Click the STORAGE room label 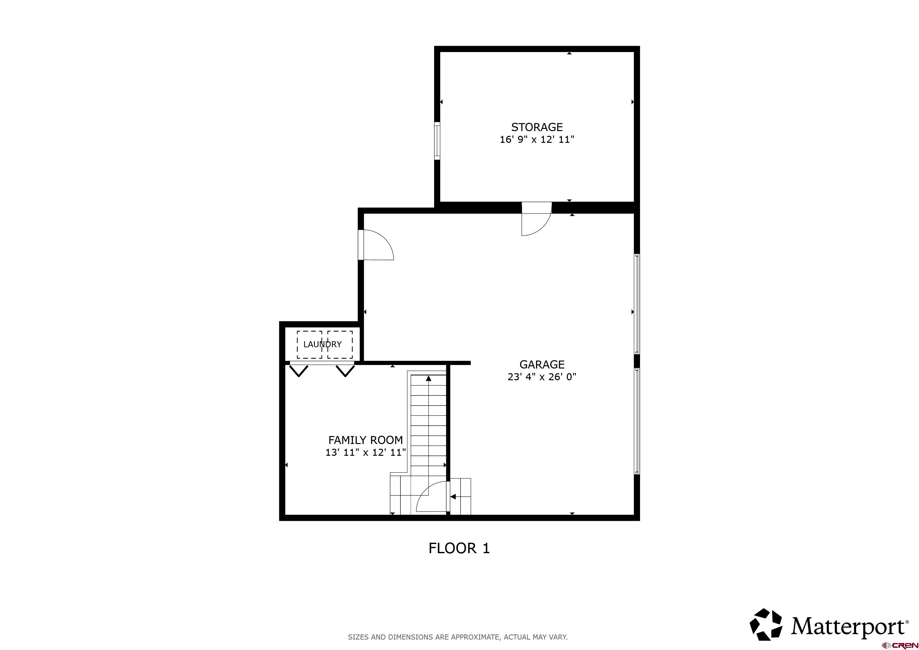click(537, 127)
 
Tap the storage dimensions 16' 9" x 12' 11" click(537, 140)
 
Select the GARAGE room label click(542, 364)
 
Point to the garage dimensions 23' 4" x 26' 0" click(542, 377)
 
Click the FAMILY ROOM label click(366, 440)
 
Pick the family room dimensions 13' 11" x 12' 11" click(366, 453)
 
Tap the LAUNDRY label click(322, 344)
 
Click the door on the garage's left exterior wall click(376, 245)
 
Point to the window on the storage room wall click(437, 141)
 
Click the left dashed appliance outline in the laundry click(309, 345)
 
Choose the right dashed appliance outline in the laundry click(340, 345)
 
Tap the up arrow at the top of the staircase click(429, 378)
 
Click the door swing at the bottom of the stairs click(432, 497)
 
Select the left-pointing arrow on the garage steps click(453, 497)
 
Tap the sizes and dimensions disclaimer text click(458, 637)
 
